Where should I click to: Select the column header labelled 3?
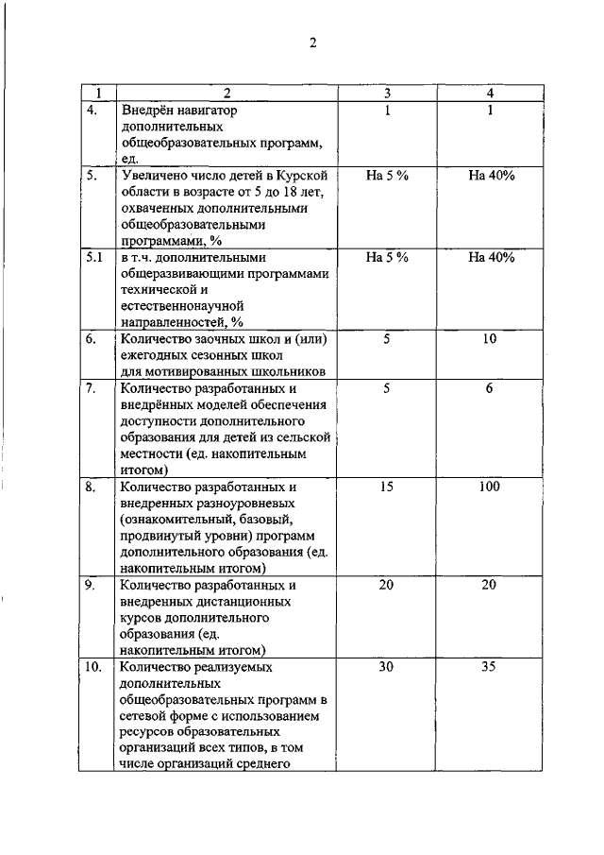387,94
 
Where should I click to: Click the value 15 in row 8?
386,487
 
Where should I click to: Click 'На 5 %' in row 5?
386,176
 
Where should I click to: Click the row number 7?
92,388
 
